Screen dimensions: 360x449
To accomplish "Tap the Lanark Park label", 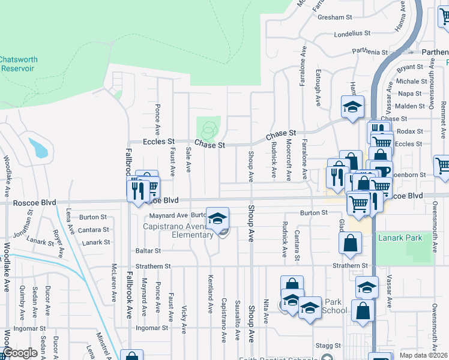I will point(400,238).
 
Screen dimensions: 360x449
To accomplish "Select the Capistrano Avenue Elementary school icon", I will point(218,218).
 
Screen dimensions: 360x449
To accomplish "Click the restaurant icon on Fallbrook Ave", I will point(138,190).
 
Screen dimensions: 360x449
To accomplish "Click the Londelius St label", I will point(353,35).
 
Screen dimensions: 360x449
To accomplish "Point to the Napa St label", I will point(409,94).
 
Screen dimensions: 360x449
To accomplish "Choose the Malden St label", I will point(410,106).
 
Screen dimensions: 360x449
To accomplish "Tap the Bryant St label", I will point(409,68).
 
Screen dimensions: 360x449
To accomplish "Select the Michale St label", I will point(411,81).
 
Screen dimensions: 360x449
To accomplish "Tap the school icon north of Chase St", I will point(352,107).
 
